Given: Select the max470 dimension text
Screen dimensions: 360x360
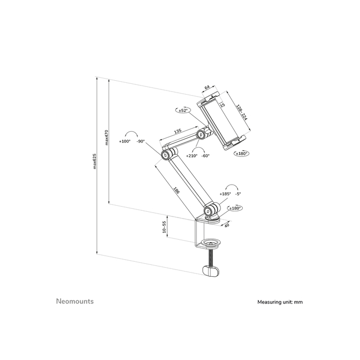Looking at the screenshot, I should (x=106, y=137).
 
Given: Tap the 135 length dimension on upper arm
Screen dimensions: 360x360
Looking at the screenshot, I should (x=177, y=132).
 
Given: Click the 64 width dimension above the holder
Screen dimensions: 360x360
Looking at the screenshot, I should (x=207, y=88).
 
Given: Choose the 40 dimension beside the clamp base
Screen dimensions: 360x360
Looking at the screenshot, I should (x=227, y=225).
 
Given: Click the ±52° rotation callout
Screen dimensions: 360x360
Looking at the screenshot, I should (x=184, y=110).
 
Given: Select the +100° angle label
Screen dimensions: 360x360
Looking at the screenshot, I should (x=124, y=141).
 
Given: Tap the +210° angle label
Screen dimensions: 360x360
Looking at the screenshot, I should (x=192, y=155).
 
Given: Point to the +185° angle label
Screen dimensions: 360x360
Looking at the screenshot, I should (x=225, y=194).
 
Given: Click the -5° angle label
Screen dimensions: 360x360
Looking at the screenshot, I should (x=238, y=194).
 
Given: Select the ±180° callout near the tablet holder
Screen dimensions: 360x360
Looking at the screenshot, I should (x=241, y=153).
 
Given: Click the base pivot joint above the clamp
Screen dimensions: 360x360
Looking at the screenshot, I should (x=211, y=210).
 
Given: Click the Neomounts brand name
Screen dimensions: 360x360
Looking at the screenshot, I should (x=75, y=301).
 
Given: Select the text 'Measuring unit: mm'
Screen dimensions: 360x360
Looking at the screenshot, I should (x=280, y=302).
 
